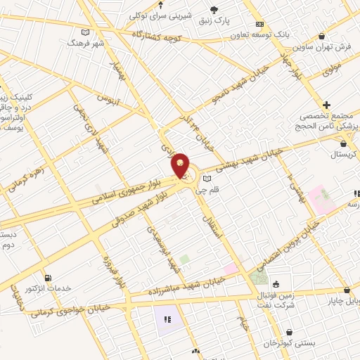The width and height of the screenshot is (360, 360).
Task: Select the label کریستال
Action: pyautogui.click(x=344, y=153)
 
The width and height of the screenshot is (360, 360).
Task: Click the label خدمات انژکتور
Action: pyautogui.click(x=49, y=288)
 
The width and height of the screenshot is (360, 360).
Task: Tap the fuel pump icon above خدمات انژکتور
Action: pyautogui.click(x=47, y=277)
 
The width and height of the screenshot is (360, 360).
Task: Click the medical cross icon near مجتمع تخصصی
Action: pyautogui.click(x=326, y=105)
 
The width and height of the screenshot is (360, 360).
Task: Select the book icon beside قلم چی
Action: pyautogui.click(x=207, y=179)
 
